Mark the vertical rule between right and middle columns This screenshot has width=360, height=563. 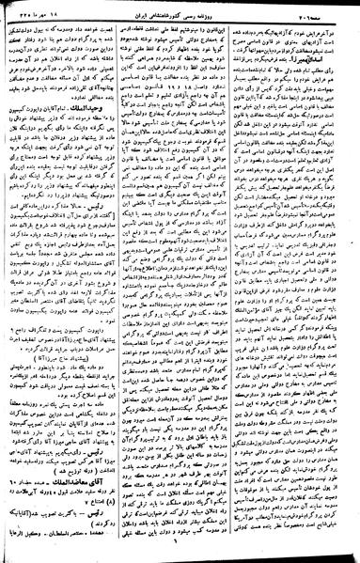click(234, 282)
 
